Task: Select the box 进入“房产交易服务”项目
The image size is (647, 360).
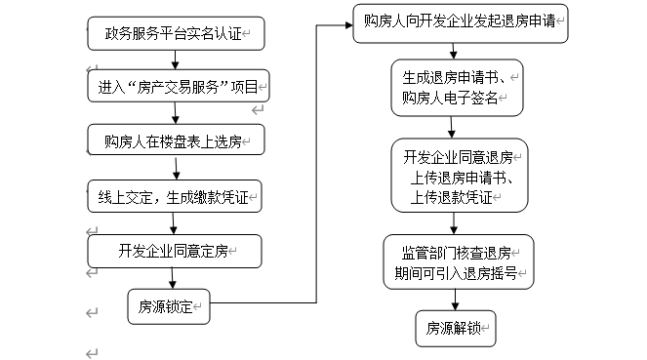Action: pyautogui.click(x=177, y=87)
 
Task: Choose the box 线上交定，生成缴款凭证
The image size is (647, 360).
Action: pyautogui.click(x=177, y=196)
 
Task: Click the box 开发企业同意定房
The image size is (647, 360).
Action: pyautogui.click(x=177, y=251)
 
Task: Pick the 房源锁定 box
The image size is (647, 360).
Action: pyautogui.click(x=168, y=305)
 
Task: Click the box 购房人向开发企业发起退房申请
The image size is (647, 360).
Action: pyautogui.click(x=459, y=21)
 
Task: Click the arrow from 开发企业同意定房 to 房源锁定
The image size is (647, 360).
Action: pyautogui.click(x=173, y=277)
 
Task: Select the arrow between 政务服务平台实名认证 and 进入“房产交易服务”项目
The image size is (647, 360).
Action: pyautogui.click(x=177, y=60)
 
